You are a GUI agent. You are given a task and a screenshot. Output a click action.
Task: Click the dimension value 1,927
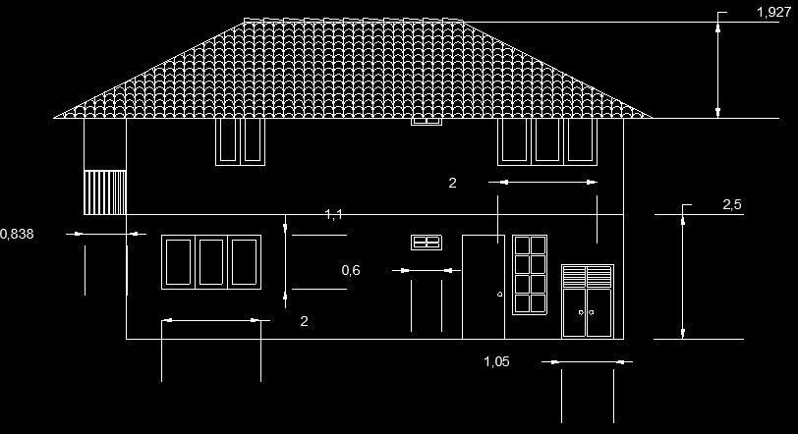[x=773, y=12]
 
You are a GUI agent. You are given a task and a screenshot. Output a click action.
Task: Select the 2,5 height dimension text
[x=731, y=204]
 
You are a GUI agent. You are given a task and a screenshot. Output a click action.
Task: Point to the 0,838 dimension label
[x=17, y=234]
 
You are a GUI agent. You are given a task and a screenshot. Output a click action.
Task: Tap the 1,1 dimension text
[x=333, y=214]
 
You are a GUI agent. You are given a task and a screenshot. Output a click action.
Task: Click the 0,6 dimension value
[x=351, y=270]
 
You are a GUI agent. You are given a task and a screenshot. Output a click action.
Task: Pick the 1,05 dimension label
[x=496, y=361]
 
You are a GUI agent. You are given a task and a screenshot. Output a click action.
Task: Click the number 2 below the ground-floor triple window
[x=304, y=321]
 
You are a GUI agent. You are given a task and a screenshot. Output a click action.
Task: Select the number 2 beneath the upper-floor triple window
[x=452, y=183]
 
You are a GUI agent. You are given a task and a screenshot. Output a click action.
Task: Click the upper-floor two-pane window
[x=240, y=140]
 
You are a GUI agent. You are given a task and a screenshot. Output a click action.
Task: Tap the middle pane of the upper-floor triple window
[x=547, y=140]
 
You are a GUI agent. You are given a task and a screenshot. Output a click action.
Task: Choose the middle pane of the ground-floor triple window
[x=211, y=261]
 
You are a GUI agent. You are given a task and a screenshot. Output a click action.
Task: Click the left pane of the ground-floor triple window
[x=178, y=261]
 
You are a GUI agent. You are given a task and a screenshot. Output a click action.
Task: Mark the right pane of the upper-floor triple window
[x=581, y=140]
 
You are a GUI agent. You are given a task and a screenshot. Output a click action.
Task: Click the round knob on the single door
[x=499, y=295]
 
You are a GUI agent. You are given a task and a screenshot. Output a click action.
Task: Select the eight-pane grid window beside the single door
[x=529, y=275]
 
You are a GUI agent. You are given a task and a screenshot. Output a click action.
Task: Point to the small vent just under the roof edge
[x=427, y=122]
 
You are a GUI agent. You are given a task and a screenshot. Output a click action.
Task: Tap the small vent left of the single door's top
[x=427, y=242]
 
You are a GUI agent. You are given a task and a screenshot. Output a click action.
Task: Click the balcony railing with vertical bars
[x=104, y=191]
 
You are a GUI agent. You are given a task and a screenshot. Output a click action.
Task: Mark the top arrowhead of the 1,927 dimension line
[x=719, y=26]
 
